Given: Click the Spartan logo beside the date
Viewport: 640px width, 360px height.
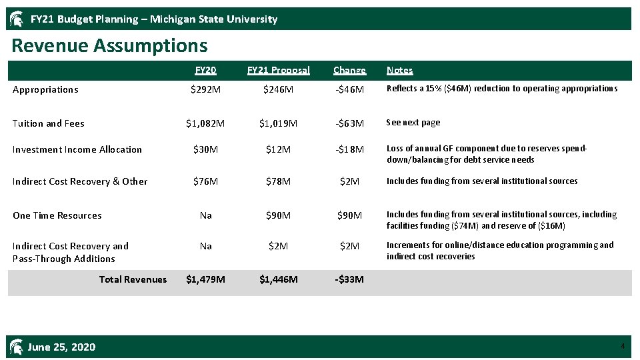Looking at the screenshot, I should pos(17,346).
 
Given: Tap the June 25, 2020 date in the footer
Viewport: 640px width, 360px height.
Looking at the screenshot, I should pos(61,347).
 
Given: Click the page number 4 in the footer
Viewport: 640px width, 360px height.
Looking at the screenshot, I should pos(622,346).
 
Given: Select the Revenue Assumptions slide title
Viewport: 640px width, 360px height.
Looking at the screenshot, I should pos(110,46).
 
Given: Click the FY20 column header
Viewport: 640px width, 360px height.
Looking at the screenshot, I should pos(205,70).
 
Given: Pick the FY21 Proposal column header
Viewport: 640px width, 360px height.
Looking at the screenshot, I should pos(278,70).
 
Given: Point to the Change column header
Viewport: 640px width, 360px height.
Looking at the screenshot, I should pos(349,70).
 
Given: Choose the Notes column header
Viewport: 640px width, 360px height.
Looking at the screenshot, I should pos(399,70).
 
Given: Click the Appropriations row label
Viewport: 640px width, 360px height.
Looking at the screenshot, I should pos(45,89).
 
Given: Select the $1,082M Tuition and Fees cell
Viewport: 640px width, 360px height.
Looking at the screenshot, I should pos(205,123).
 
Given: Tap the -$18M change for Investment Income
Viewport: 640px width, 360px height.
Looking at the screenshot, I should pos(349,149).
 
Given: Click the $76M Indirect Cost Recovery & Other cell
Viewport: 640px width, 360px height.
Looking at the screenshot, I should pos(205,181).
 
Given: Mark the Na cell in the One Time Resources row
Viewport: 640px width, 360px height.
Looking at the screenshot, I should pos(205,215).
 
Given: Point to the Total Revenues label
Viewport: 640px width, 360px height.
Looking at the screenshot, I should pos(133,279).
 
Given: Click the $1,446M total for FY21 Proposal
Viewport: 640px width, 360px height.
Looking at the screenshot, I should pos(278,279).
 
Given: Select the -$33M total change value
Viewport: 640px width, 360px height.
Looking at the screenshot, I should pos(349,279).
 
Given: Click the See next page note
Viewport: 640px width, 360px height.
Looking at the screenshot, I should pos(413,123).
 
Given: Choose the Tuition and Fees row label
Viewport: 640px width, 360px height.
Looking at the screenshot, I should pos(49,123).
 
